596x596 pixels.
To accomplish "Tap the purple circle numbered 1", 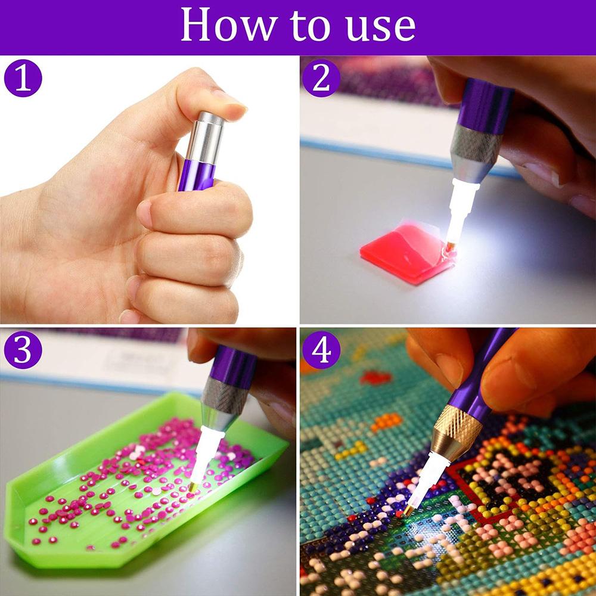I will coord(23,79).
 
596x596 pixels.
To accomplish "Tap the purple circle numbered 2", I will coord(321,79).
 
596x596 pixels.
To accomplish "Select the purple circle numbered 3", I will coord(23,350).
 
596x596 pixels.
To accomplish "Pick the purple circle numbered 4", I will coord(321,350).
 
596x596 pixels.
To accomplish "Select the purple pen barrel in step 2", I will coord(486,101).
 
